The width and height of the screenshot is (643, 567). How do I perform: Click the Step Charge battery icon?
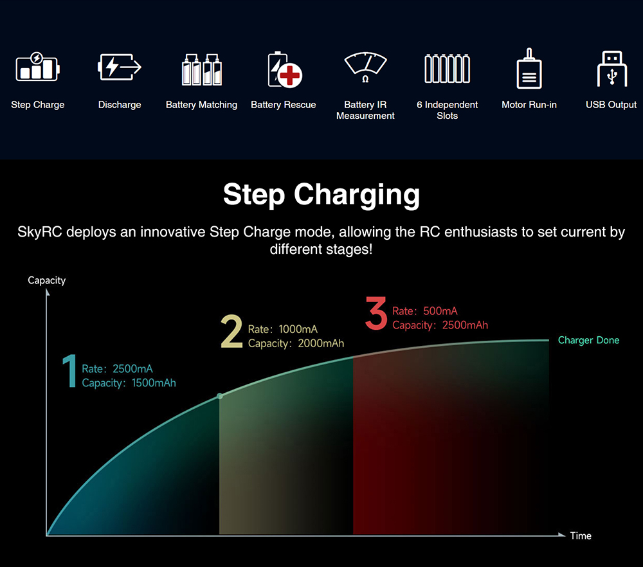(x=38, y=67)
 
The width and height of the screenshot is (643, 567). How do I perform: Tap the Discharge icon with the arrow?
(x=120, y=67)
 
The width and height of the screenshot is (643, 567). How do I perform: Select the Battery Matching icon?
(x=202, y=69)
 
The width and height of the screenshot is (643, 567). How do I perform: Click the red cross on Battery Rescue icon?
(x=290, y=75)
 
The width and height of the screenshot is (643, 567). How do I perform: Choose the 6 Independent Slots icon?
(x=447, y=68)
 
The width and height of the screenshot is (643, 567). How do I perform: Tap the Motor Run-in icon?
(x=529, y=68)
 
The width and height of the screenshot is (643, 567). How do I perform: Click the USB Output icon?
(x=612, y=69)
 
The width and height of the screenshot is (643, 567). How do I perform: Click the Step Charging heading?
(x=321, y=195)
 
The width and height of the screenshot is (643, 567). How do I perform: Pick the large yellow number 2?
(x=231, y=331)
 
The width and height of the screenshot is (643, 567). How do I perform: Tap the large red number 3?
(x=376, y=313)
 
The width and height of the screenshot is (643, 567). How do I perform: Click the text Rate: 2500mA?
(x=117, y=368)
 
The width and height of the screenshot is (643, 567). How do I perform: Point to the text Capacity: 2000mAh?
(x=296, y=343)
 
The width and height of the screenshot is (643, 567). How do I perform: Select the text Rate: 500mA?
(x=425, y=310)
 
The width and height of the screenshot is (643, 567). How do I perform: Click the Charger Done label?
(x=588, y=340)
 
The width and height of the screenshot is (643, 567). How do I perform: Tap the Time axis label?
(x=581, y=536)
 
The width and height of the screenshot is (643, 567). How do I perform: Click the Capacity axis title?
(x=47, y=280)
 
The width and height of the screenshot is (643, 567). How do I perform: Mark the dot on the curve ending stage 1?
(x=220, y=396)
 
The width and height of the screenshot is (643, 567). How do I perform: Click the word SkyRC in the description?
(x=40, y=232)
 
